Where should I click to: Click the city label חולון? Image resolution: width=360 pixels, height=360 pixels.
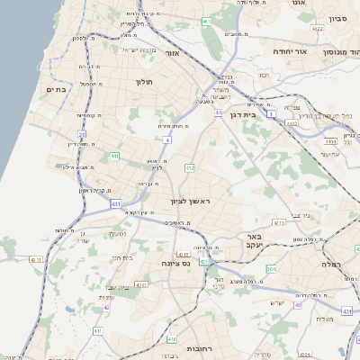pos(145,82)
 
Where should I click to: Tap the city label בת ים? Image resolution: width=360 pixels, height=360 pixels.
pos(57,90)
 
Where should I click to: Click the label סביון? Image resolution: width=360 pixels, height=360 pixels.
pos(337,17)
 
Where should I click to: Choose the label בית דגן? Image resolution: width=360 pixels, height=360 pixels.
pos(264,115)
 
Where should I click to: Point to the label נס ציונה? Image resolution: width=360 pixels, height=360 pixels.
pos(174,262)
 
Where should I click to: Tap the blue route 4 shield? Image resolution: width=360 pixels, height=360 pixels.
pos(167,140)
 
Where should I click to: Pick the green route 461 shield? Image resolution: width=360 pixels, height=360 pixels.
pos(206,21)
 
